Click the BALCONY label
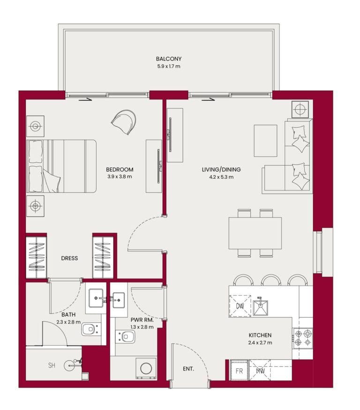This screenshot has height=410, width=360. click(169, 59)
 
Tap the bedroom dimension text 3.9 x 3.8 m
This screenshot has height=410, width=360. click(120, 177)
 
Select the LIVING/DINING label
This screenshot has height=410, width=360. click(217, 170)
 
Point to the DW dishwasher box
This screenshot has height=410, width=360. click(240, 306)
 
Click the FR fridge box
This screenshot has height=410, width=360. click(239, 371)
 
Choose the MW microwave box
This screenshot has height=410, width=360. click(260, 371)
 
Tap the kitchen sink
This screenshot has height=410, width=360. click(261, 308)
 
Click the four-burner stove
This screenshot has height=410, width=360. click(302, 338)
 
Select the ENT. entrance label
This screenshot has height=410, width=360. click(188, 369)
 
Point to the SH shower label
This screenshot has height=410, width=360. click(52, 365)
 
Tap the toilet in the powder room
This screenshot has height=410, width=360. click(126, 336)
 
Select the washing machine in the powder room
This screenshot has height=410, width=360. click(146, 369)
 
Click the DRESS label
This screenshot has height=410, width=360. click(69, 258)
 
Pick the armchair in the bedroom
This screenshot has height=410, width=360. click(125, 121)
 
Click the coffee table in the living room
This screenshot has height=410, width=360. click(265, 140)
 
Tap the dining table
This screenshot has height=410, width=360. click(255, 233)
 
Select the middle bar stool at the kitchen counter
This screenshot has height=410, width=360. click(271, 281)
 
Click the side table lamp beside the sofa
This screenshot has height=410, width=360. click(300, 110)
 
